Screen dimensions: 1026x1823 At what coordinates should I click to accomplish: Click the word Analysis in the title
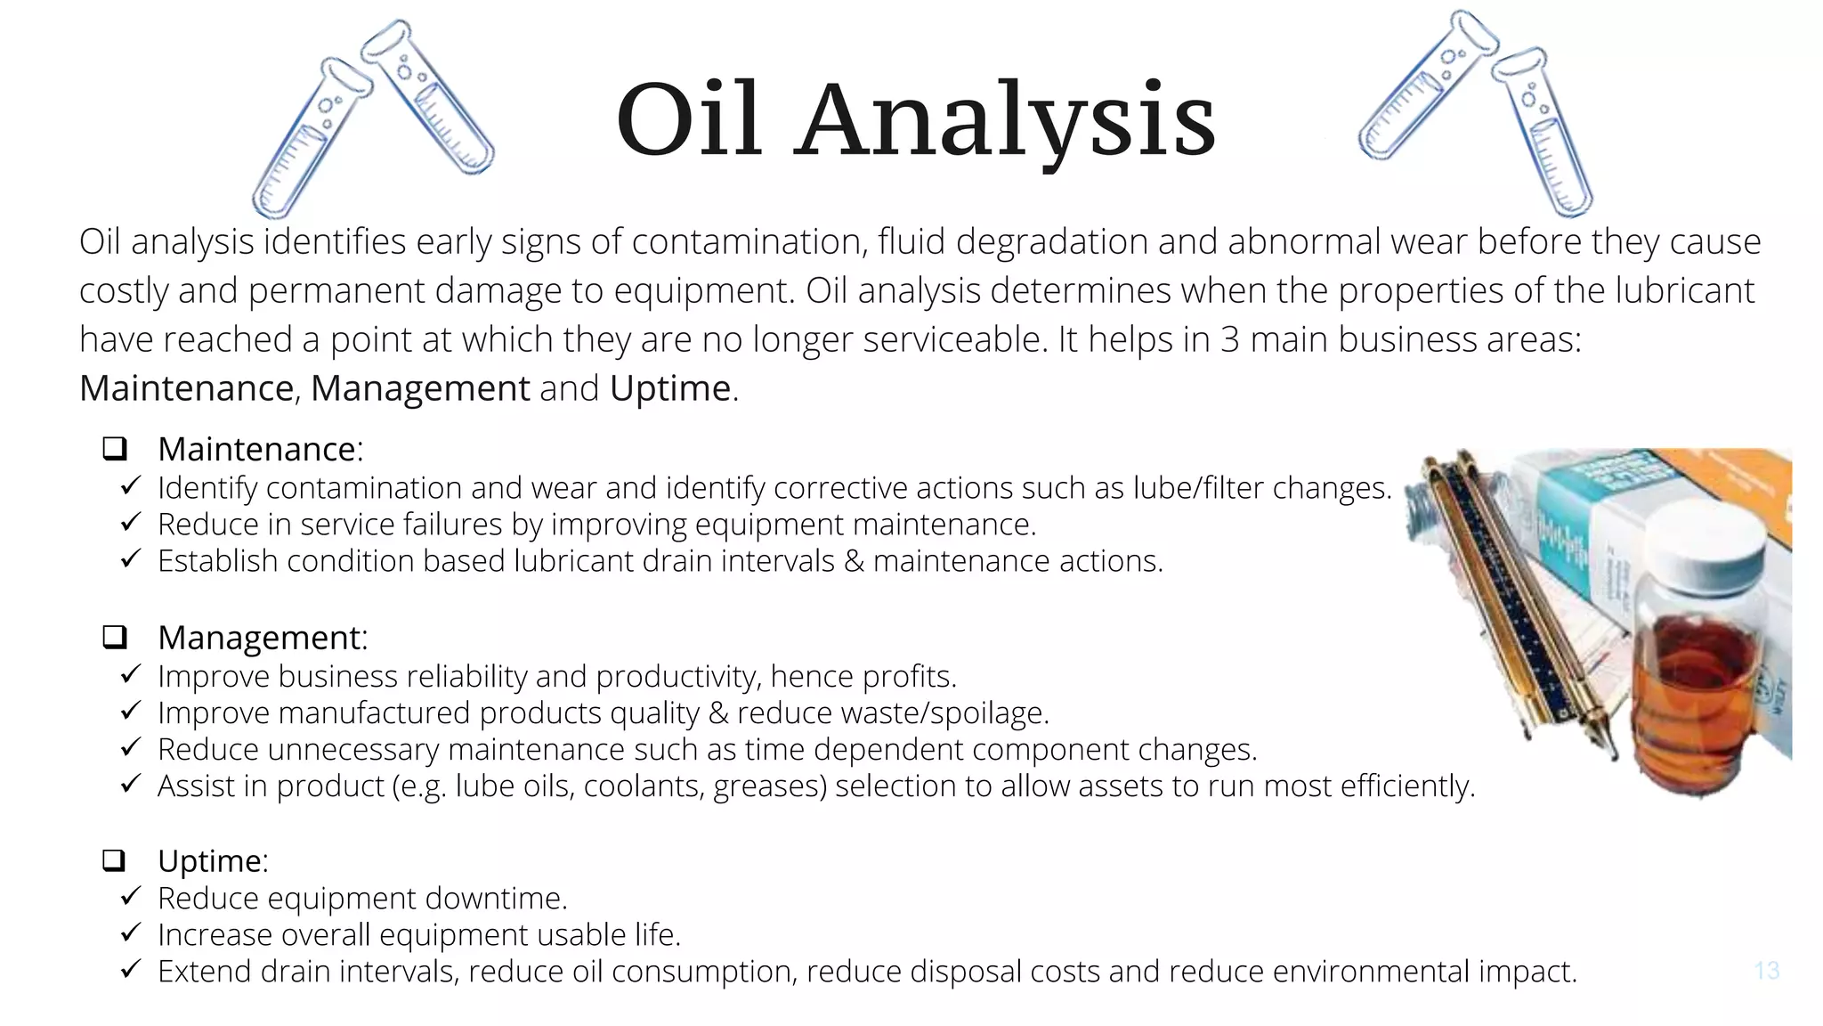1005,122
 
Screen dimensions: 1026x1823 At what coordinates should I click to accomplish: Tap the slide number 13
1766,970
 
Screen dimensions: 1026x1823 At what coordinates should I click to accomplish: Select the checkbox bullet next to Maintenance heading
115,448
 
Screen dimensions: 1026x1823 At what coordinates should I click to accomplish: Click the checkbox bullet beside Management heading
115,637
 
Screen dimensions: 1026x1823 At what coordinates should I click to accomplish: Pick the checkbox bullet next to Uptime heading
115,860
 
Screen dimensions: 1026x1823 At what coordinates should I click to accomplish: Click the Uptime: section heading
213,861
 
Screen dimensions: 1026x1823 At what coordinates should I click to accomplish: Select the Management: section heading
263,638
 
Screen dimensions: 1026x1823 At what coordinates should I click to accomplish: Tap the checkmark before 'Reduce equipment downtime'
130,896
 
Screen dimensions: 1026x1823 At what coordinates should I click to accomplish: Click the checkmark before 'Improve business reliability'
130,674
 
